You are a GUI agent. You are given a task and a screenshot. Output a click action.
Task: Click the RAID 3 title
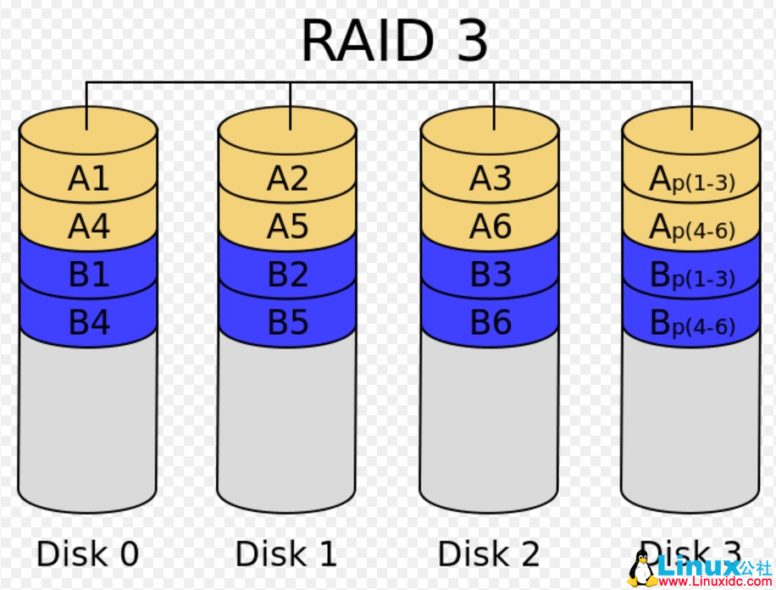tap(394, 39)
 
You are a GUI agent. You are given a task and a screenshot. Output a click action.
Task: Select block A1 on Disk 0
tap(89, 179)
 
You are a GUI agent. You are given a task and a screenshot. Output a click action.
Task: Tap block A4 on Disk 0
tap(89, 226)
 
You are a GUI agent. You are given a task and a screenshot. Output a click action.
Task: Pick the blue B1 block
tap(89, 275)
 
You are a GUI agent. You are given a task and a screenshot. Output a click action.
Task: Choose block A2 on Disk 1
tap(288, 179)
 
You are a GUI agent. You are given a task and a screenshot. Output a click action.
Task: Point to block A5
tap(288, 226)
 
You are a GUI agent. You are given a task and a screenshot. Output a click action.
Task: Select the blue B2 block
tap(288, 275)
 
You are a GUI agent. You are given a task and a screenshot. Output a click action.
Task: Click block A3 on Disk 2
tap(491, 179)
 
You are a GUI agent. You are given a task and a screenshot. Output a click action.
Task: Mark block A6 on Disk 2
tap(491, 226)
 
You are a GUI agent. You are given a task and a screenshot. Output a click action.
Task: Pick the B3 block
tap(491, 275)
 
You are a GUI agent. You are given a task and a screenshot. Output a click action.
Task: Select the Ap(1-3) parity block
tap(691, 180)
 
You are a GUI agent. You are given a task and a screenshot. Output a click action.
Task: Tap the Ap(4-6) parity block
tap(691, 227)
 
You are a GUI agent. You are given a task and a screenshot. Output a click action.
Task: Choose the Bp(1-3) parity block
tap(691, 276)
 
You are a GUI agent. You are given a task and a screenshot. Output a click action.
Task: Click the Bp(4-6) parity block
tap(691, 324)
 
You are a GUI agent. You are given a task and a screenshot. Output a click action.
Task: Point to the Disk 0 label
tap(87, 554)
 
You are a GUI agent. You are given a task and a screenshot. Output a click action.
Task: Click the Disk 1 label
tap(286, 554)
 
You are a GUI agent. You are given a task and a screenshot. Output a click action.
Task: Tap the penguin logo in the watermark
tap(642, 567)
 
